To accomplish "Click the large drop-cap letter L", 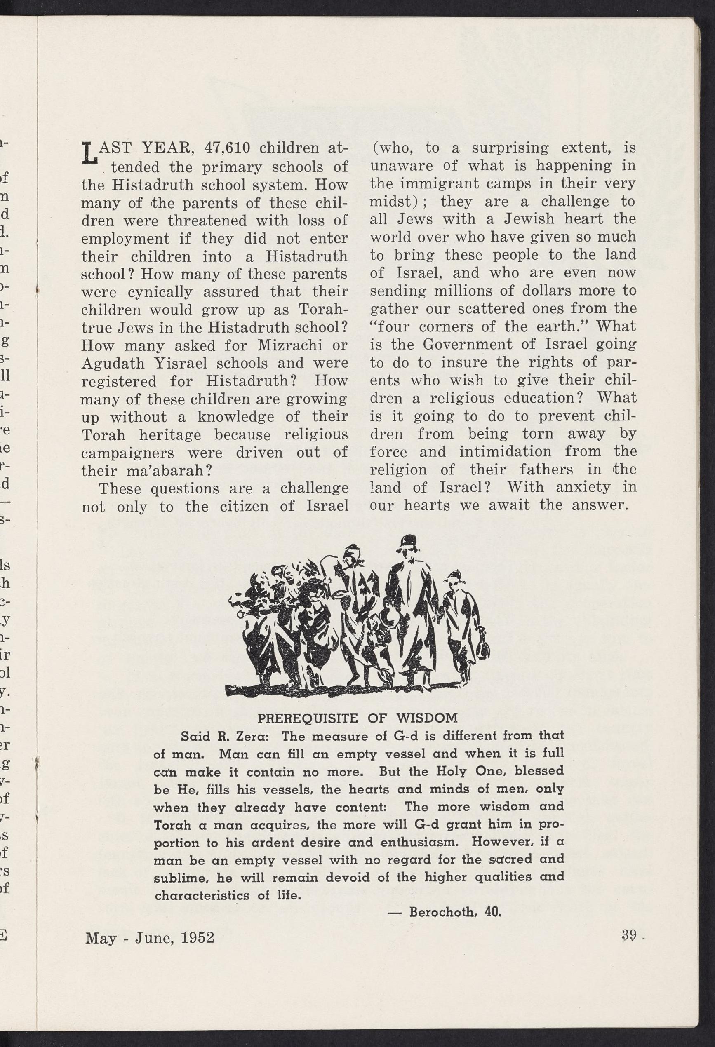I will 89,153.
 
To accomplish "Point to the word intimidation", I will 505,451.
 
